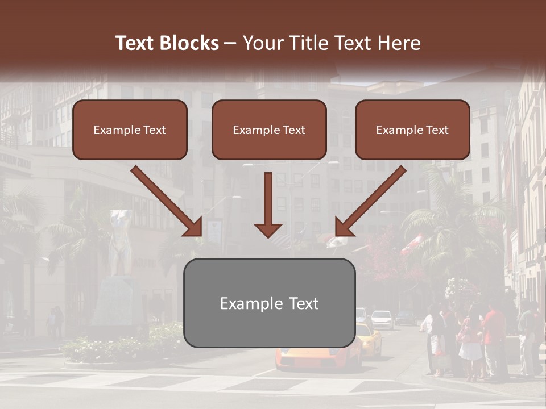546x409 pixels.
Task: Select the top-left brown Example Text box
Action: click(130, 130)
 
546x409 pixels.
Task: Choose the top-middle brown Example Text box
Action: click(269, 130)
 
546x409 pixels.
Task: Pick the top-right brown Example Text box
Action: click(412, 130)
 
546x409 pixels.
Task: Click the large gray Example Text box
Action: click(269, 303)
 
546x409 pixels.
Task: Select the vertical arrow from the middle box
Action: click(268, 205)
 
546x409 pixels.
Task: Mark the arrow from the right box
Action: click(370, 202)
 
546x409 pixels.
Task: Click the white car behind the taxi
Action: click(383, 319)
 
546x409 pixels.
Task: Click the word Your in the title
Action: click(262, 43)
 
